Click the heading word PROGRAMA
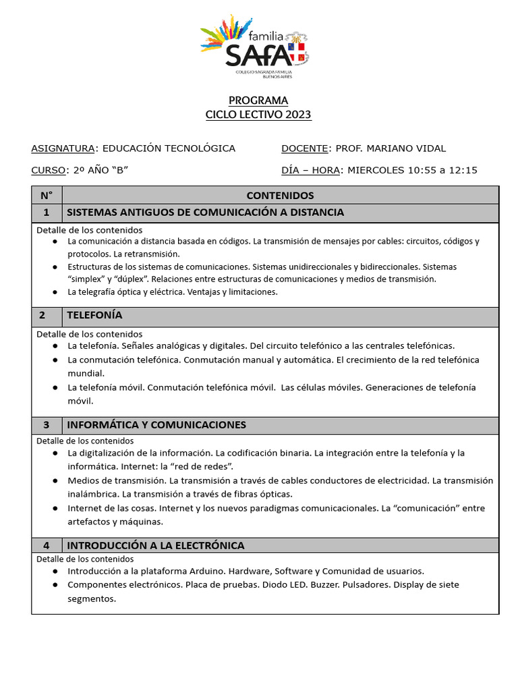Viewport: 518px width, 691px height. point(258,101)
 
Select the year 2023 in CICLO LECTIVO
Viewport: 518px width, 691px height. point(298,115)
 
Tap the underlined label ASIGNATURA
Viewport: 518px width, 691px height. point(63,148)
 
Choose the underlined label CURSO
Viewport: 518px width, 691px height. point(49,170)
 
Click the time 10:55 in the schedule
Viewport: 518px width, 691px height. point(422,170)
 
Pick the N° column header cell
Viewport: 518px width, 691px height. point(47,196)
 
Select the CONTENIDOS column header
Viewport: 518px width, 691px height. point(280,196)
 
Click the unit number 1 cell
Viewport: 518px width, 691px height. point(47,213)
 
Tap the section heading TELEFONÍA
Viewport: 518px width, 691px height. point(94,315)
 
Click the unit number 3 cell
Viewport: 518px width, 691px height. point(47,425)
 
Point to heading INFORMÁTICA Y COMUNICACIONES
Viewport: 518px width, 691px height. point(156,425)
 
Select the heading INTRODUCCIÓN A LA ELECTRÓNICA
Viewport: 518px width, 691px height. point(155,545)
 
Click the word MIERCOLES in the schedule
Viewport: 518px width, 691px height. point(376,170)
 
